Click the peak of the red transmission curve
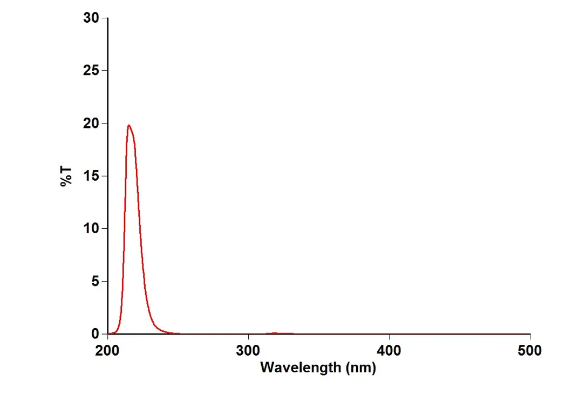click(x=128, y=125)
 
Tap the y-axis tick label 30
click(x=91, y=18)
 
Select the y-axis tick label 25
click(x=91, y=71)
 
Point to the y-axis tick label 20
click(x=91, y=124)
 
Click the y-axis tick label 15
click(x=91, y=176)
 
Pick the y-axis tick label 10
click(x=91, y=229)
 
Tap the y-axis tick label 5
click(x=96, y=281)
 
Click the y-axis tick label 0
click(x=96, y=334)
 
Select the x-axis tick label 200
click(x=108, y=351)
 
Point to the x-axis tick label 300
click(x=249, y=351)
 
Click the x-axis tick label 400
click(x=390, y=351)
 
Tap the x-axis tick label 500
click(x=530, y=351)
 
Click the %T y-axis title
click(x=66, y=176)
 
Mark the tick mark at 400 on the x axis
click(x=390, y=337)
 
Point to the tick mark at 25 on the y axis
click(x=105, y=71)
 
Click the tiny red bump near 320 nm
click(x=275, y=333)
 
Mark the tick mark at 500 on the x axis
click(x=530, y=337)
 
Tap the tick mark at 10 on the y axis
click(x=105, y=229)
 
